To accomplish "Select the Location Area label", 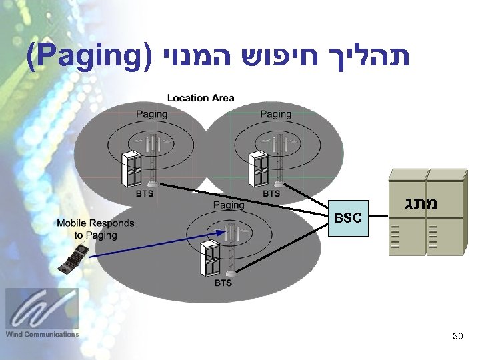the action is point(201,98).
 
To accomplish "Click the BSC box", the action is point(348,218).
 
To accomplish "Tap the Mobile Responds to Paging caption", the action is point(95,229).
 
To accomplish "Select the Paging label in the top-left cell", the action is point(152,114).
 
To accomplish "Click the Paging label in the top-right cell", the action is point(275,114).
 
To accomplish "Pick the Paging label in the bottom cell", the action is point(229,205).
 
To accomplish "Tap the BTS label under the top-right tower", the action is point(271,194).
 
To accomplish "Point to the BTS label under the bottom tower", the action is point(223,283).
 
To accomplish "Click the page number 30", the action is point(457,337).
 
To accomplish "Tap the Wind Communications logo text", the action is point(42,334).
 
